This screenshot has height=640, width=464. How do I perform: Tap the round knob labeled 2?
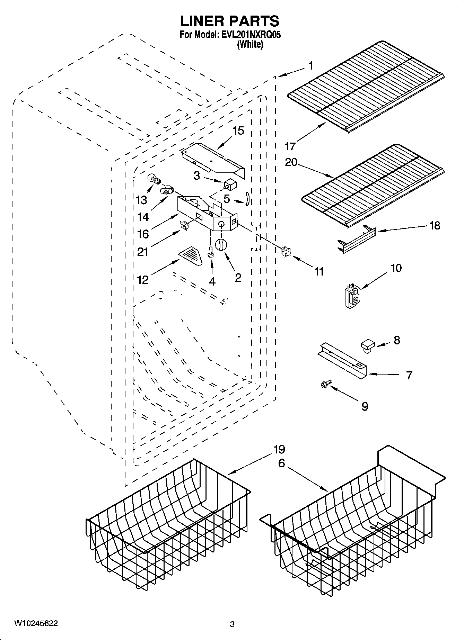pyautogui.click(x=221, y=244)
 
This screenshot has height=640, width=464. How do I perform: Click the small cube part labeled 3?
pyautogui.click(x=229, y=184)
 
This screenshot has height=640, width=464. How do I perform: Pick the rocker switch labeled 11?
pyautogui.click(x=286, y=252)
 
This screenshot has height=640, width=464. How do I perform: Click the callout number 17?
pyautogui.click(x=290, y=146)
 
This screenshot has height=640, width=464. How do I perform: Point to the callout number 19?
pyautogui.click(x=279, y=450)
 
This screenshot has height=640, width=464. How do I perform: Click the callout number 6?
pyautogui.click(x=281, y=463)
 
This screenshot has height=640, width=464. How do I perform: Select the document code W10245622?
pyautogui.click(x=36, y=623)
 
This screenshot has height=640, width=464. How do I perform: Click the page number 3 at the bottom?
pyautogui.click(x=232, y=624)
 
